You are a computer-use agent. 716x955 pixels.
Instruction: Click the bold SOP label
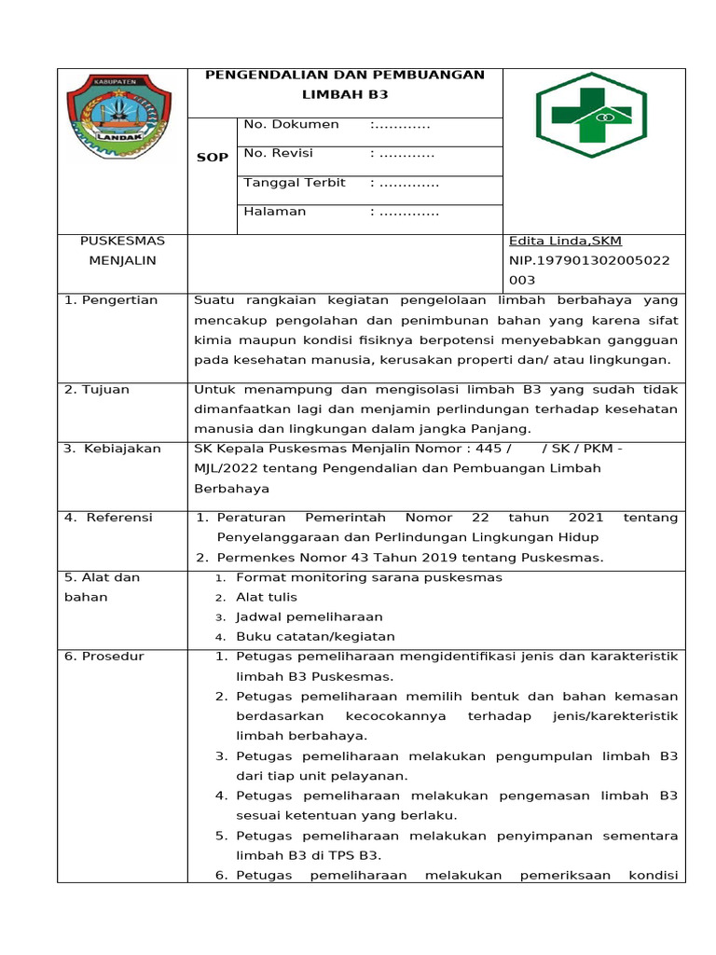point(212,158)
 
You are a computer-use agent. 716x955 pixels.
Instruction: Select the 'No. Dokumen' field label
point(291,124)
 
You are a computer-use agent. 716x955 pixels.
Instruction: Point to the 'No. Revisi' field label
point(278,153)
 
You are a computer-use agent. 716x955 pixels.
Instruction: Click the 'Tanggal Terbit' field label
point(294,182)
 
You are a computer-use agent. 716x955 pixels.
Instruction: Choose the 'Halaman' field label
point(274,211)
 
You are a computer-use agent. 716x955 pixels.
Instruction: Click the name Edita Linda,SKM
point(565,241)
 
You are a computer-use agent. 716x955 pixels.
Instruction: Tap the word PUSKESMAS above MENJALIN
point(122,241)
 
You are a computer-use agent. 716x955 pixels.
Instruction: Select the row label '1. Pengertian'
point(111,300)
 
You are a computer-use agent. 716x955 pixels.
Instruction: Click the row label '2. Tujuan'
point(97,390)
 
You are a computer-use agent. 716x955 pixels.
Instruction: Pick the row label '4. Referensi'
point(108,518)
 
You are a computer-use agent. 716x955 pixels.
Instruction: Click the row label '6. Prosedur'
point(104,657)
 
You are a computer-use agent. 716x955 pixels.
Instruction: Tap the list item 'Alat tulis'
point(267,597)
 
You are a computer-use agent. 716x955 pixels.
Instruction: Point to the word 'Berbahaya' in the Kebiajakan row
point(231,488)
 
